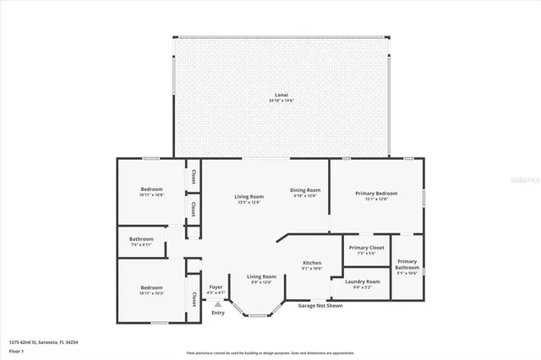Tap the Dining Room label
tap(305, 190)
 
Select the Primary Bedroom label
tap(376, 194)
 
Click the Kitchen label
tap(312, 263)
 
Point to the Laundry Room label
tap(363, 281)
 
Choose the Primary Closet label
tap(366, 248)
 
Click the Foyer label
tap(216, 287)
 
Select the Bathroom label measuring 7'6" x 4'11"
tap(141, 239)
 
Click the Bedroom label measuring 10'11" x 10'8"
tap(151, 189)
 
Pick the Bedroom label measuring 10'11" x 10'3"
tap(151, 288)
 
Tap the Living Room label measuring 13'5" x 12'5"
tap(249, 198)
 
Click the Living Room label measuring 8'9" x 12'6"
tap(261, 276)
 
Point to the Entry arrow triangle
tap(218, 304)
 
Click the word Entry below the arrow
tap(218, 314)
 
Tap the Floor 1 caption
tap(16, 351)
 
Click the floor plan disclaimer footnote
tap(270, 352)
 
